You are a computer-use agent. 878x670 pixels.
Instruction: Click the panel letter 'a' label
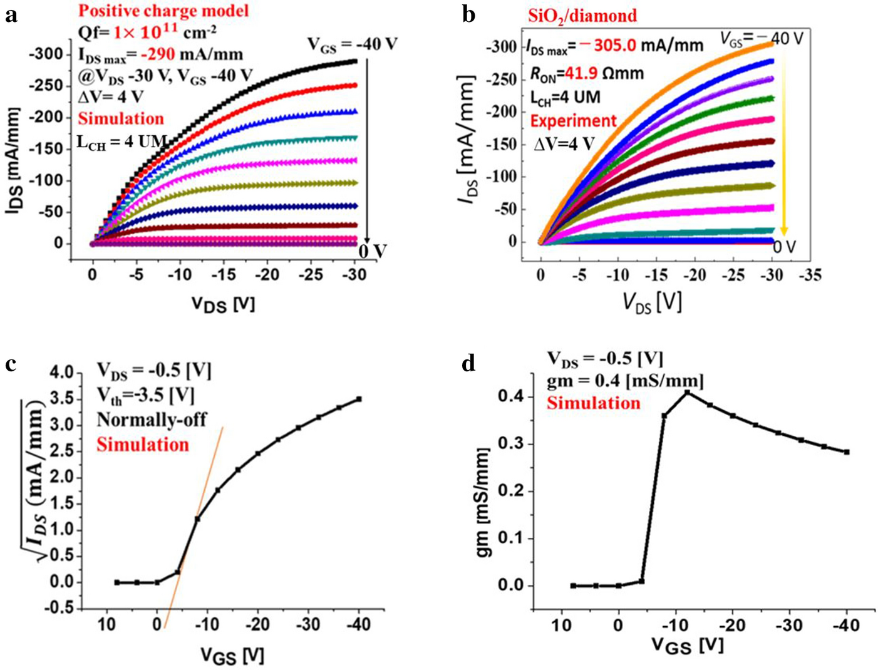click(x=11, y=14)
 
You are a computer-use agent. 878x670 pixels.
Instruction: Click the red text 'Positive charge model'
click(x=163, y=11)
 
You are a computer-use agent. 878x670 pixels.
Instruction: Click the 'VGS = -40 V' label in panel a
click(x=352, y=45)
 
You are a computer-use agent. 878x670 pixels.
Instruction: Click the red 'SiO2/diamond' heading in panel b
click(x=582, y=15)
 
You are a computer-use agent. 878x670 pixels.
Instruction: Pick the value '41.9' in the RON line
click(x=586, y=74)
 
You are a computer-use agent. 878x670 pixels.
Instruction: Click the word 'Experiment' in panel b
click(x=574, y=121)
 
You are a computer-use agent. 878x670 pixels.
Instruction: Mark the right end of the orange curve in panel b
click(x=771, y=43)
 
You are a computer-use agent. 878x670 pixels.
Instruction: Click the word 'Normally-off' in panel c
click(x=151, y=419)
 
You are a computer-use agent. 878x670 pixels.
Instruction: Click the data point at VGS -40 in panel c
click(x=359, y=399)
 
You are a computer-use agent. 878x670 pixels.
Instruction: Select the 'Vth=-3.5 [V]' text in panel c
click(x=145, y=396)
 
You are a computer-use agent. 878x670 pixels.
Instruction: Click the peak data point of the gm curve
click(x=687, y=392)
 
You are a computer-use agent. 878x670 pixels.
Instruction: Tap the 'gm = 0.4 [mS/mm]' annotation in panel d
click(x=625, y=381)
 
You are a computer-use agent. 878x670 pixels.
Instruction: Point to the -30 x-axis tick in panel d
click(x=789, y=625)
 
